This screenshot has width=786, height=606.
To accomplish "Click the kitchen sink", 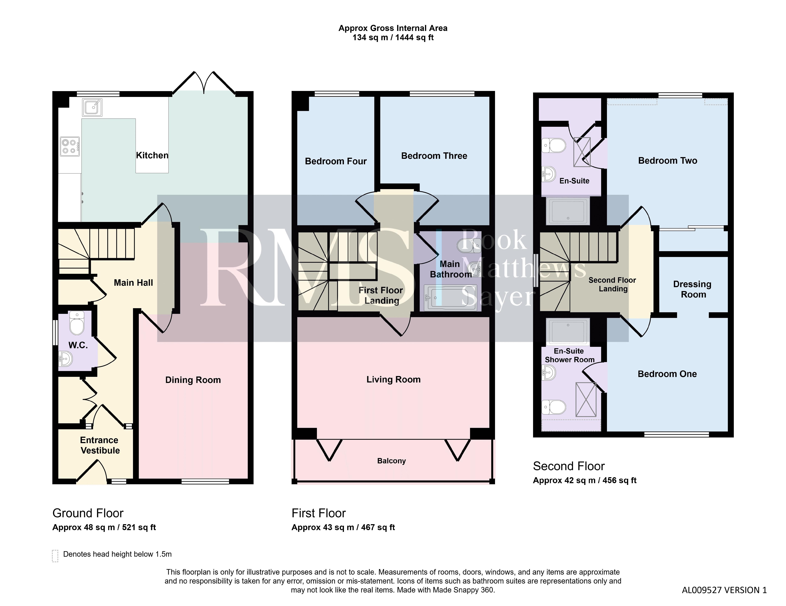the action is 92,107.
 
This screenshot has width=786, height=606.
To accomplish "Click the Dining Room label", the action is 193,380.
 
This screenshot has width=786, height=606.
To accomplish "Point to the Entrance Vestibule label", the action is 100,445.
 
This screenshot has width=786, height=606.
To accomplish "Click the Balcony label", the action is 392,461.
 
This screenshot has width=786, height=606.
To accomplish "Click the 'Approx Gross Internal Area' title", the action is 393,28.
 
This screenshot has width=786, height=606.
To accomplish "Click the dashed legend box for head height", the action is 55,556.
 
